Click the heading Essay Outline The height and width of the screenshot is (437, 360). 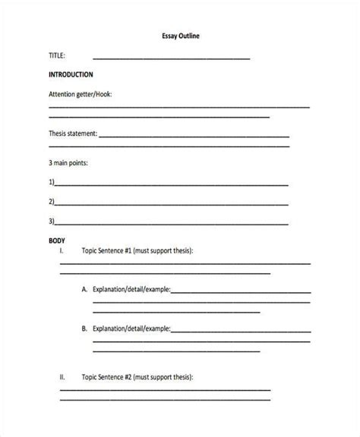pos(180,36)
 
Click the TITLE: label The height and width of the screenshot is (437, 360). pos(57,55)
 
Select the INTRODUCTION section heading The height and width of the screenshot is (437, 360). pos(71,75)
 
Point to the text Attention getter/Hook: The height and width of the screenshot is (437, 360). pos(81,95)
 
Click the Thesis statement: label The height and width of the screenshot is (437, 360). pos(73,134)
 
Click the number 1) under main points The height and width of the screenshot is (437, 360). pos(52,183)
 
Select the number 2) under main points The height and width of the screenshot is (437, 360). pos(52,202)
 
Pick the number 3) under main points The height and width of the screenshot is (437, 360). pos(52,222)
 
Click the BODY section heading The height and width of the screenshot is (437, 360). pos(56,241)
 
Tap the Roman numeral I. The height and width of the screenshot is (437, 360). pos(61,250)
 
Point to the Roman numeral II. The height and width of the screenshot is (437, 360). pos(62,377)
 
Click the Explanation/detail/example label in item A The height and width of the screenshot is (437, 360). pos(131,290)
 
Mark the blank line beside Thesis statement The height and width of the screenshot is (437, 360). pos(194,137)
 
